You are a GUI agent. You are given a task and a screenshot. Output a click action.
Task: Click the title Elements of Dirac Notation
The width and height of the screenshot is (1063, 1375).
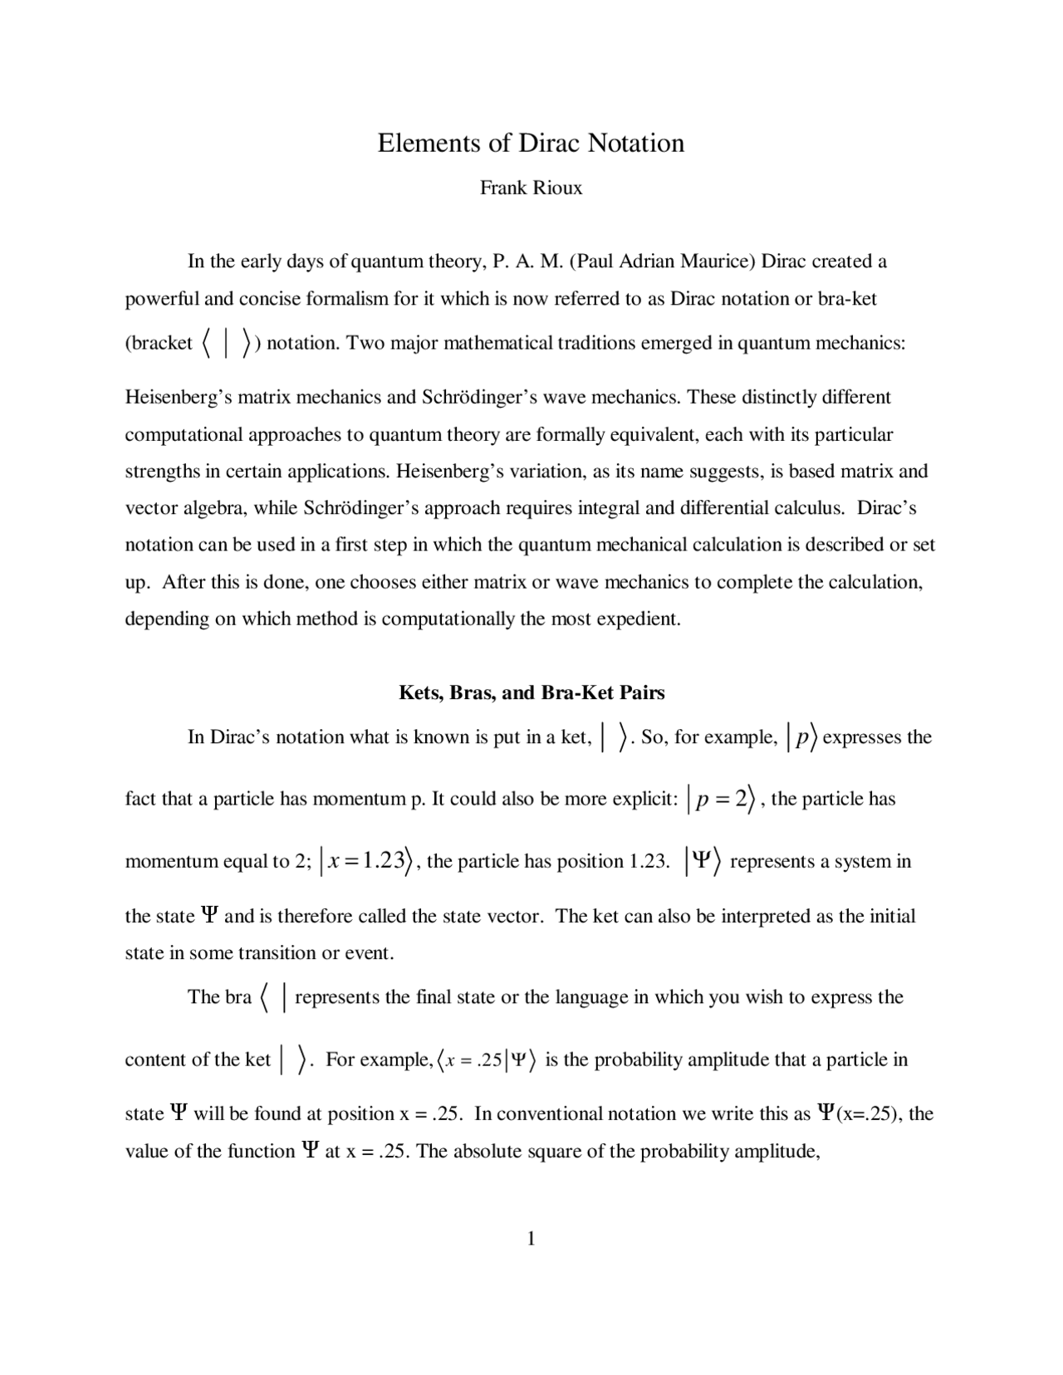point(531,143)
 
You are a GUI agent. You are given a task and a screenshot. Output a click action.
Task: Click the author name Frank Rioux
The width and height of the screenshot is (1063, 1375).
point(531,188)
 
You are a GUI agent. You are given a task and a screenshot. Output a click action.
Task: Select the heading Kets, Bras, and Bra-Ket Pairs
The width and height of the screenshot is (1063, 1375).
point(531,692)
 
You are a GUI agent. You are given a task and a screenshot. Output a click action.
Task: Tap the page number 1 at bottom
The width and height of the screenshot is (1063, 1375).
point(531,1240)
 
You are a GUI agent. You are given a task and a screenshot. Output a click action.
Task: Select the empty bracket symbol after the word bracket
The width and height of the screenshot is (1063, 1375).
point(226,344)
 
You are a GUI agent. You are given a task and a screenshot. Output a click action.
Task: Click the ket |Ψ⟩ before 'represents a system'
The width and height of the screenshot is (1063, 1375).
point(703,862)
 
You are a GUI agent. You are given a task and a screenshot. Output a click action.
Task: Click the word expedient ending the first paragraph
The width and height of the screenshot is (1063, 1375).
point(640,619)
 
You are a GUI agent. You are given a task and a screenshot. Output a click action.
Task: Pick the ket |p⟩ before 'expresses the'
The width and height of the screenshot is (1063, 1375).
point(801,737)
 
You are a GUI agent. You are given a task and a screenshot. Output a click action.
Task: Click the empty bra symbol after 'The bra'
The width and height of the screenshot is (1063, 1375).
point(273,997)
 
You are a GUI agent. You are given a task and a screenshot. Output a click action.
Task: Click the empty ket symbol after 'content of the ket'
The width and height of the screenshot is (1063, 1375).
point(294,1060)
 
